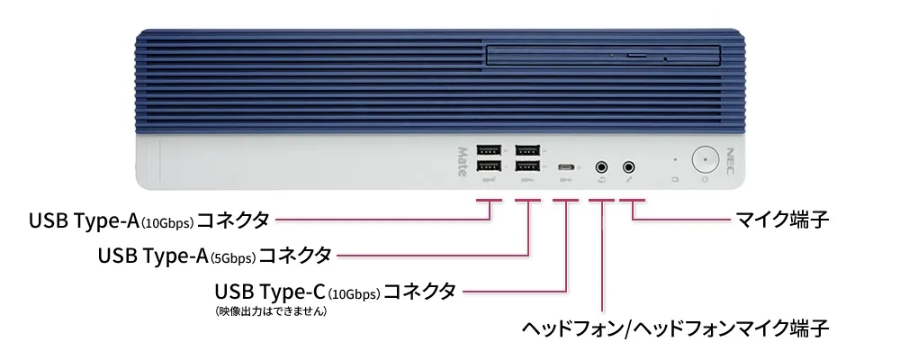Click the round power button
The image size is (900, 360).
[705, 159]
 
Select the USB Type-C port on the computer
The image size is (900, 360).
[566, 167]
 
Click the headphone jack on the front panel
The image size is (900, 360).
[601, 166]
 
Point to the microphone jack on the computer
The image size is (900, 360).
[629, 166]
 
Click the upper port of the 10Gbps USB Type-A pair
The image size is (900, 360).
[489, 150]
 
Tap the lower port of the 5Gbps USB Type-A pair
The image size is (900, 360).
[527, 167]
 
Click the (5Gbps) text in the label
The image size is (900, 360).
[233, 258]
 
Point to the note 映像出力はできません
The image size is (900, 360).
[270, 311]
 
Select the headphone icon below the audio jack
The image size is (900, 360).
[601, 180]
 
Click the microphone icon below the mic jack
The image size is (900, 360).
[630, 180]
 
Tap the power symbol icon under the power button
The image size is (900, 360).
[705, 180]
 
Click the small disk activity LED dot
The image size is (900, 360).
[676, 160]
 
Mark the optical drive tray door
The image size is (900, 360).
[603, 56]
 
